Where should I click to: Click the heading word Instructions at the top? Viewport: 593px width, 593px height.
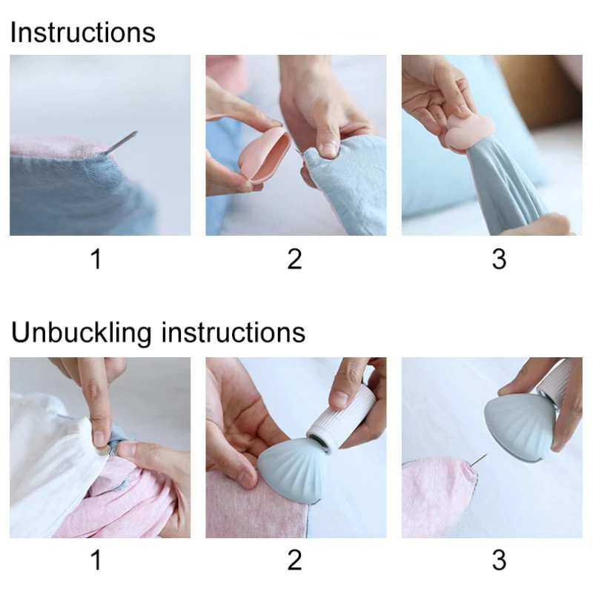(x=82, y=33)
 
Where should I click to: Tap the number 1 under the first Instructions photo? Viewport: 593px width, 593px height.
(x=96, y=260)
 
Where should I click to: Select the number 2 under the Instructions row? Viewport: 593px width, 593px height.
(x=294, y=260)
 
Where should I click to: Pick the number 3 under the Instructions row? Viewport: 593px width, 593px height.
(x=499, y=260)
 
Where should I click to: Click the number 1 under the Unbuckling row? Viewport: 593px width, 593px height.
(x=96, y=560)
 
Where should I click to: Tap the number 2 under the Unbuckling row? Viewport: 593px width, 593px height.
(x=294, y=560)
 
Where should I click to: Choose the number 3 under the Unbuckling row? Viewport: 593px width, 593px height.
(x=499, y=560)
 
